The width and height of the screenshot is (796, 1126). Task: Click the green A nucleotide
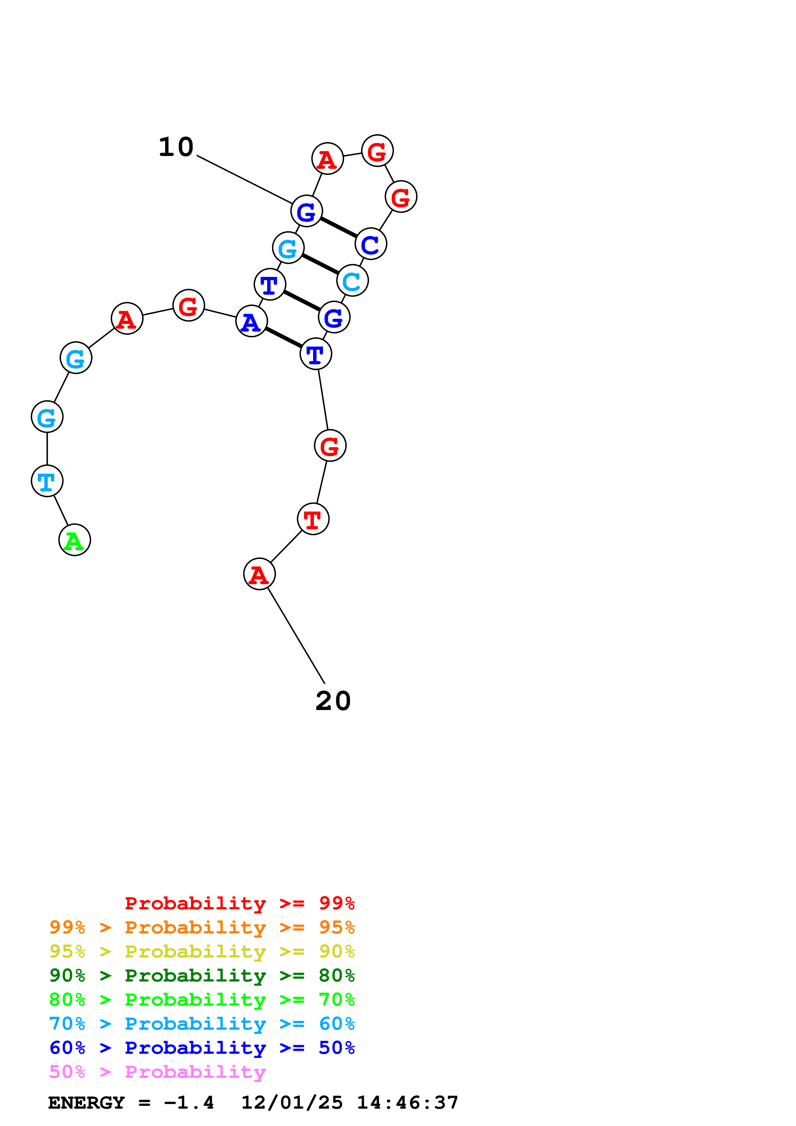[74, 540]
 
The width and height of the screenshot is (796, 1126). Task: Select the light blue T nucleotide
[47, 481]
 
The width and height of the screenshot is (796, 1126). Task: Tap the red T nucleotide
[313, 519]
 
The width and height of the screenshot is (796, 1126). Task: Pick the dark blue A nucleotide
[252, 321]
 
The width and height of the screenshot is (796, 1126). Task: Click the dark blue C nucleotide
[371, 244]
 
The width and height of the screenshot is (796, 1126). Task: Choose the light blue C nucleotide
[353, 281]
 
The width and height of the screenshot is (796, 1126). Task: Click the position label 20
[333, 701]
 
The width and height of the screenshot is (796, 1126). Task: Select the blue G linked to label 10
[307, 212]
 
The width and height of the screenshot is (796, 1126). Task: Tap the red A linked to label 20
[259, 574]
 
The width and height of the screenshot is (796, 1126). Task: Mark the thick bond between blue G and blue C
[338, 228]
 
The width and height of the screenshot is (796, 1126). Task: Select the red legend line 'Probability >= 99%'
[239, 903]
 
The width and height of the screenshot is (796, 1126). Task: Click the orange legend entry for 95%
[202, 927]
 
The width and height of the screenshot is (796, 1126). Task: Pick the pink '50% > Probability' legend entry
[157, 1072]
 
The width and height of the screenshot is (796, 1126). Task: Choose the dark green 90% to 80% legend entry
[202, 975]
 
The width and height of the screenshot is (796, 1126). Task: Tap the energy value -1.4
[189, 1103]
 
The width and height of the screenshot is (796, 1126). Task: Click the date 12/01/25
[292, 1103]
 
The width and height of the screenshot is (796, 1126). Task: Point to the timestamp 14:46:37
[407, 1103]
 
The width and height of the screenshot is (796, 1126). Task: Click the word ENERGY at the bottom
[86, 1103]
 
